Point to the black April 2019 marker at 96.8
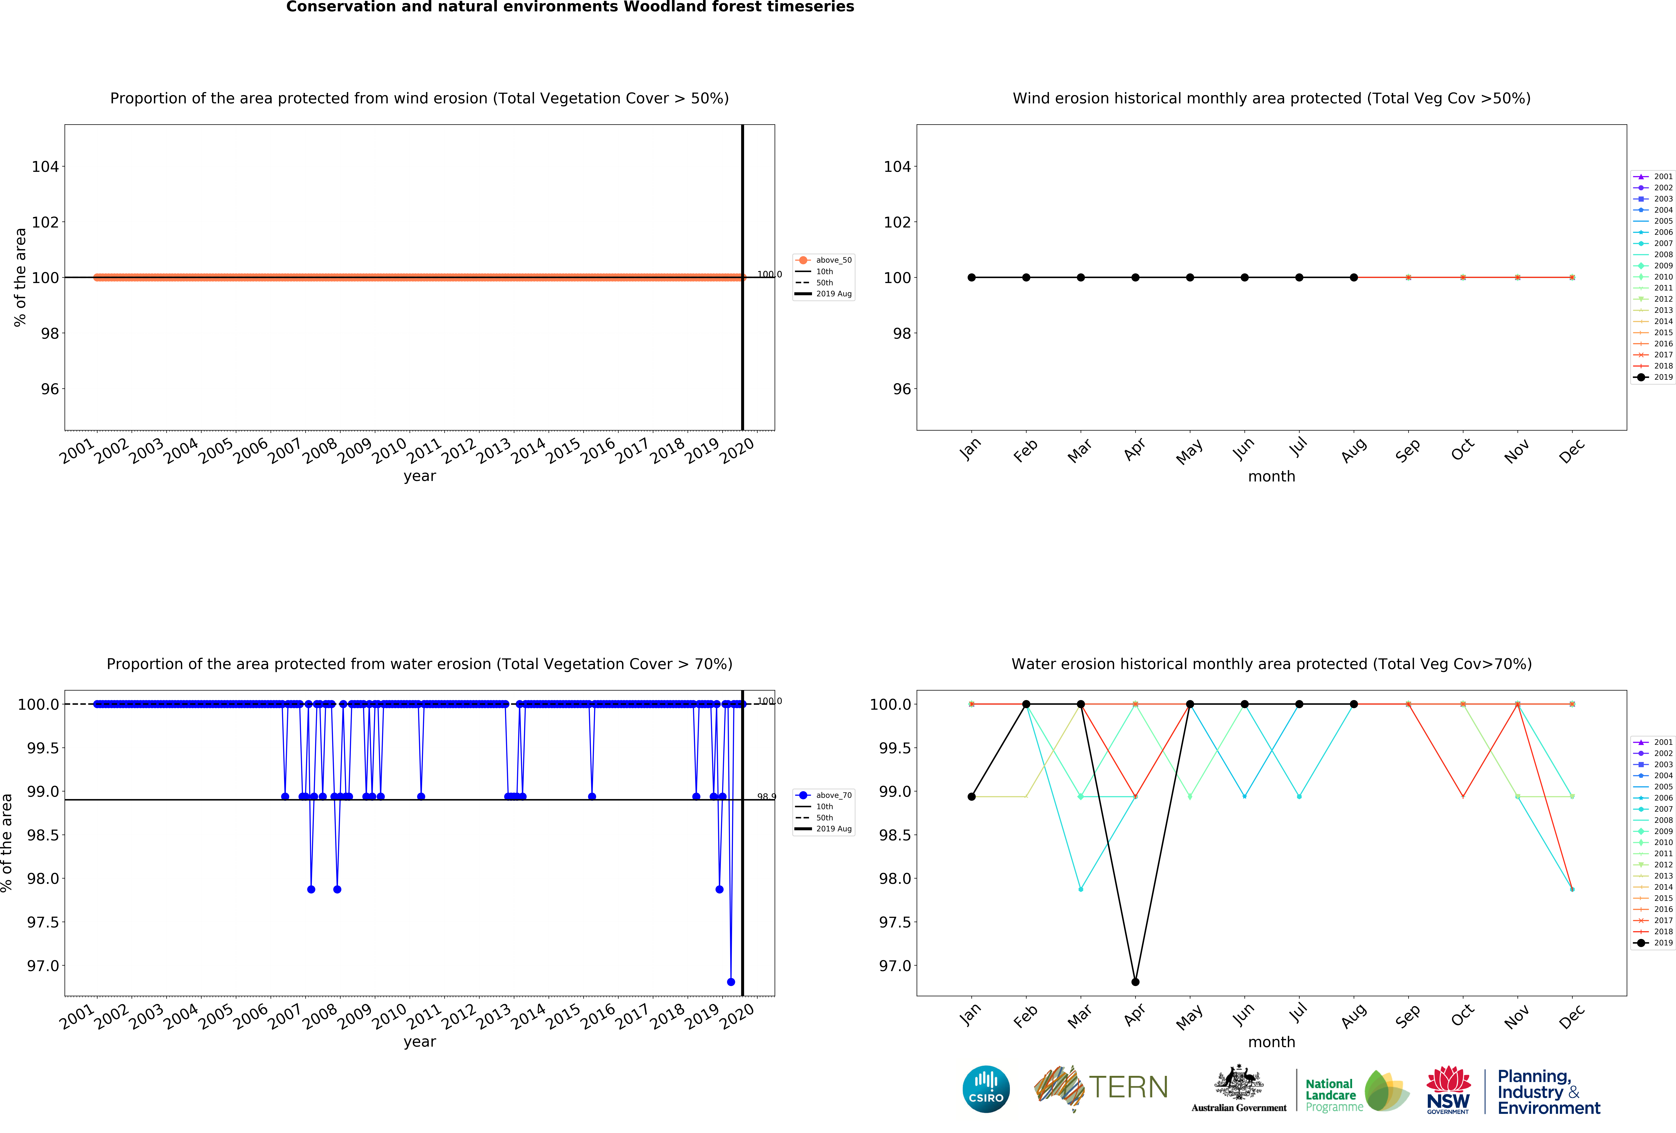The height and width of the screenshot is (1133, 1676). point(1135,982)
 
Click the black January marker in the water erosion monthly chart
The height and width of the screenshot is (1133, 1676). point(971,796)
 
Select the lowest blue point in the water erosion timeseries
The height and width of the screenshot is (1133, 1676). point(730,982)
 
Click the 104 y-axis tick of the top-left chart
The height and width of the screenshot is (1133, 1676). point(45,167)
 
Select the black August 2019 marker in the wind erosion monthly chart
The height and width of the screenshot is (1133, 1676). point(1354,278)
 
